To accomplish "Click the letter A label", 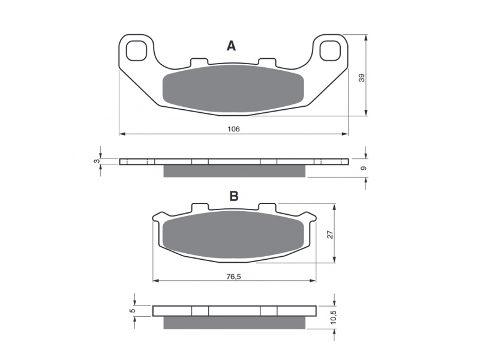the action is pos(231,46).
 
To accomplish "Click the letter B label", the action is pos(234,196).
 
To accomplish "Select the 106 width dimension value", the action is pos(233,129).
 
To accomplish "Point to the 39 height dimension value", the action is pos(362,78).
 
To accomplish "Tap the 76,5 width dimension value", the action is pos(233,277).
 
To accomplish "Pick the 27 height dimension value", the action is pos(330,235).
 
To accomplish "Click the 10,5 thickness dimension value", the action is pos(334,317).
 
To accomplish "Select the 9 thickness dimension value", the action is pos(364,168).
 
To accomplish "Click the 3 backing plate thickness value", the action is pos(97,161).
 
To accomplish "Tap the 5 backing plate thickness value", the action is pos(132,310).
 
